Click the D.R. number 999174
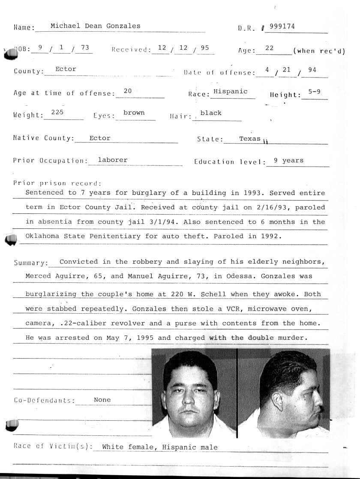(x=282, y=26)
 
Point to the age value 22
(x=269, y=48)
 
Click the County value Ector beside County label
(x=66, y=69)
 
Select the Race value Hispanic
(x=231, y=91)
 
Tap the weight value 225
(x=57, y=112)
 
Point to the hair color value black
(x=211, y=113)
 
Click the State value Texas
(x=250, y=138)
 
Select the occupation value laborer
(x=113, y=160)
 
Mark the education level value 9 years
(x=288, y=160)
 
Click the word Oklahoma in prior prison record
(x=42, y=236)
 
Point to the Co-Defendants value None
(x=102, y=400)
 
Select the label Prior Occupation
(x=50, y=161)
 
